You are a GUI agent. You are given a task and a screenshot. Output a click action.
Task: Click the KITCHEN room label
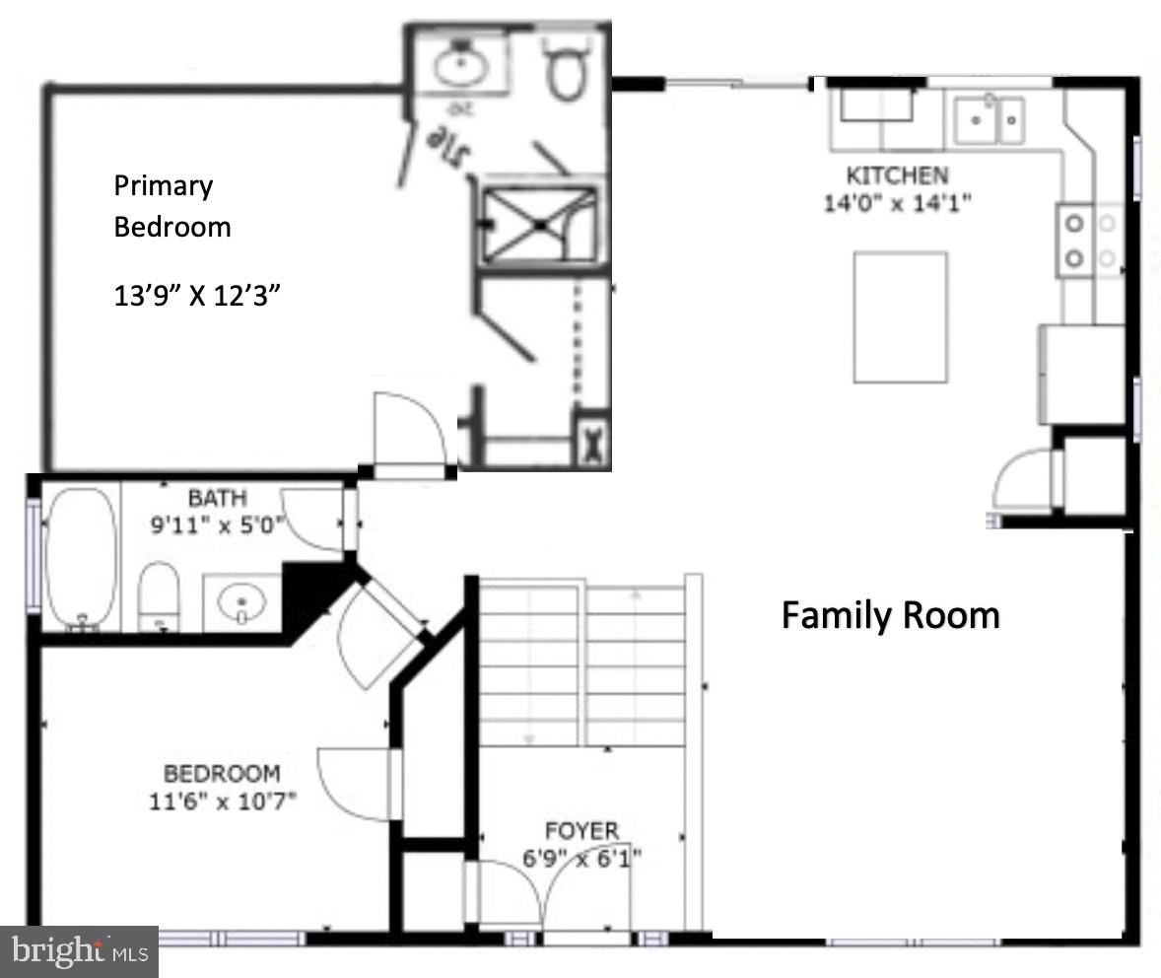click(x=897, y=175)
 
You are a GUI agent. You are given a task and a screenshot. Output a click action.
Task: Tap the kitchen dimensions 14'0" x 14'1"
click(x=898, y=203)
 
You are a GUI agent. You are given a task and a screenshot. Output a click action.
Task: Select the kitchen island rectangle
click(x=900, y=316)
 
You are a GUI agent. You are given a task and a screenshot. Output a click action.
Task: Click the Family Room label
click(x=890, y=616)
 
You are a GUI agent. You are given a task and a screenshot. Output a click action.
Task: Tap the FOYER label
click(x=581, y=830)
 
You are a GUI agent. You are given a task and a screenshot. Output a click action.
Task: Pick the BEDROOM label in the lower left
click(x=221, y=774)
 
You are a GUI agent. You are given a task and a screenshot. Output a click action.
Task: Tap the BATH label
click(x=217, y=498)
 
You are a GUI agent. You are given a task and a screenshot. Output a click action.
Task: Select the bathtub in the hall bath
click(x=81, y=557)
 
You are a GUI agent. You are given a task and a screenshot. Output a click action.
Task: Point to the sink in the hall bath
click(x=239, y=601)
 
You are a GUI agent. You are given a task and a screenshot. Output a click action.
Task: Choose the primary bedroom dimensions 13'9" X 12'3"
click(x=205, y=296)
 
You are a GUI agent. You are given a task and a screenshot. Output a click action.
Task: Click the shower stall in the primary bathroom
click(x=540, y=225)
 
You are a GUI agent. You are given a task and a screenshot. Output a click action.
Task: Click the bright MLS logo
click(x=79, y=951)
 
